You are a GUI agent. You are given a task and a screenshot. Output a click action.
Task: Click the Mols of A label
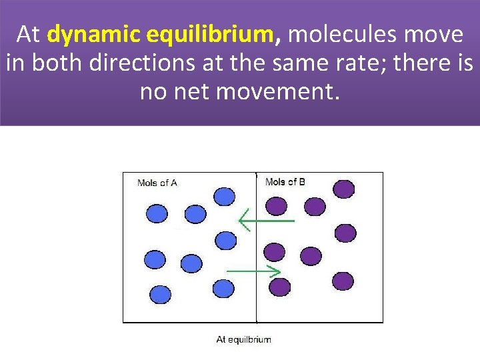pos(157,183)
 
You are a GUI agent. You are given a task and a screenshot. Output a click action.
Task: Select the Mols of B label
pos(285,181)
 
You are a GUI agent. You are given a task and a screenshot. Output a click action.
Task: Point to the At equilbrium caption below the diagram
pos(243,339)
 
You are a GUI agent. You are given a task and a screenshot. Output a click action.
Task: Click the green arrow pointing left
pos(266,219)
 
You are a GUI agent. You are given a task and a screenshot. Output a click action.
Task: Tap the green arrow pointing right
pos(253,271)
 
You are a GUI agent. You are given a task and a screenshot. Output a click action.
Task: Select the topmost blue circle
pos(224,196)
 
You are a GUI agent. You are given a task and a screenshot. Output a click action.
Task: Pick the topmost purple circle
pos(344,189)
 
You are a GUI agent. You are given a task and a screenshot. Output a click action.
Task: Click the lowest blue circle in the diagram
pos(160,294)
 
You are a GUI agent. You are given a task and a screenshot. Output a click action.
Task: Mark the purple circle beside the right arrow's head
pos(279,287)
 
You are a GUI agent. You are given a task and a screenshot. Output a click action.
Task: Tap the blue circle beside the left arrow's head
pos(225,240)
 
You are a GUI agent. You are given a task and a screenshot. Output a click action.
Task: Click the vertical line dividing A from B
pos(257,267)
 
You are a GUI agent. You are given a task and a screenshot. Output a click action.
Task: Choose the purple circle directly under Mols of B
pos(276,205)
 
